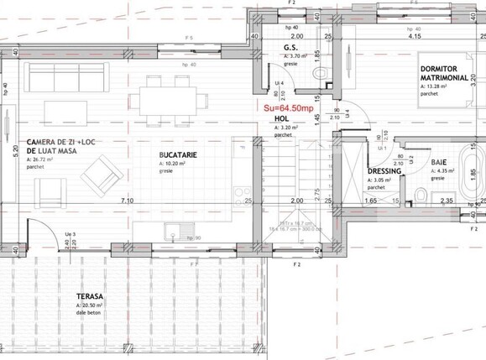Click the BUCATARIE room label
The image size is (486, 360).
[x=178, y=154]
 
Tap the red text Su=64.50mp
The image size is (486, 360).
[x=288, y=108]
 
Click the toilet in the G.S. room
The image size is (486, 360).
[x=318, y=75]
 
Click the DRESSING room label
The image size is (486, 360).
[x=384, y=172]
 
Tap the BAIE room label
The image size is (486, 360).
[x=438, y=163]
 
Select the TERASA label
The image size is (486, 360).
[x=89, y=298]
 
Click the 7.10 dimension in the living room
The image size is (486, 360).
[x=127, y=201]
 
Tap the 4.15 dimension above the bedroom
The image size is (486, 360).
[x=414, y=37]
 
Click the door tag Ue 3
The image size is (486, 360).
[x=71, y=234]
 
